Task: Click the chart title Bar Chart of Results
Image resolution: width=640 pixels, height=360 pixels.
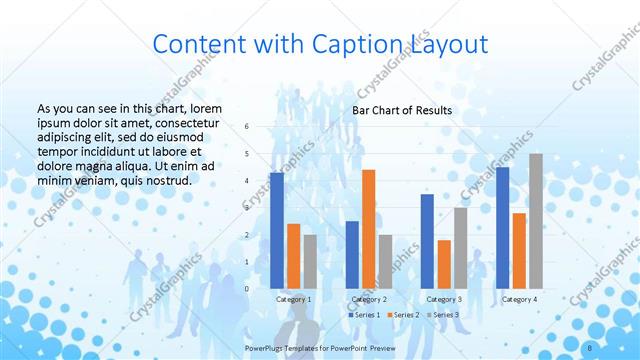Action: point(401,110)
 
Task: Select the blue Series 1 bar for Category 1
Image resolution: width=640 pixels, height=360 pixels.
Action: point(277,230)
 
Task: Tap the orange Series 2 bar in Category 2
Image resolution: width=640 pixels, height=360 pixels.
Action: point(368,229)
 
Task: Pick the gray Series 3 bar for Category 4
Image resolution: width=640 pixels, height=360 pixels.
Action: point(536,221)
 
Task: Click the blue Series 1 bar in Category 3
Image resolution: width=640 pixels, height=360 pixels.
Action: point(427,241)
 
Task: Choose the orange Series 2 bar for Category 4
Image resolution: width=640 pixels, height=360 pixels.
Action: point(519,250)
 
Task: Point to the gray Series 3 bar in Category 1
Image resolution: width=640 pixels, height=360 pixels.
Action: point(310,261)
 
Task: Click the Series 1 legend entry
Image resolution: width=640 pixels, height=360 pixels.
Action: point(365,315)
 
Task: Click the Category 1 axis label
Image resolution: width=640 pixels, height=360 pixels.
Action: point(294,299)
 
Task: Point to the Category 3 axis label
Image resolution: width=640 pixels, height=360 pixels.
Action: point(444,299)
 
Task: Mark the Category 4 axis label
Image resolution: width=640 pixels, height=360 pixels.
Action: point(519,299)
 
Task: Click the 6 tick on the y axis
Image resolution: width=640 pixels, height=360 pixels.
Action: point(247,126)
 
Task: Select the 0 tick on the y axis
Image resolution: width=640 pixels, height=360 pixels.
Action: point(247,289)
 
